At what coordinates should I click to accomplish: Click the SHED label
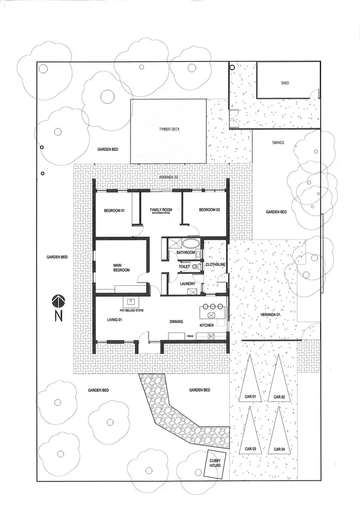point(285,83)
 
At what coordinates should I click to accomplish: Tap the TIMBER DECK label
point(169,130)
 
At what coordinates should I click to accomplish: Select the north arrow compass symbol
point(59,302)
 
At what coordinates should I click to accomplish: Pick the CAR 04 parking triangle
point(279,431)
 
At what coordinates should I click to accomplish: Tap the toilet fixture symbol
point(194,266)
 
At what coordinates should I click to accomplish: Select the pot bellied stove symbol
point(131,302)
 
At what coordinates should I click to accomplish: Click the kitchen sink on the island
point(211,316)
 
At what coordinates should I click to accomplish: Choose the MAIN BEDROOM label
point(121,267)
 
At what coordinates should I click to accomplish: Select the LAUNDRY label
point(187,284)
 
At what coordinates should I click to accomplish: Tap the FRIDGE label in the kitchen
point(190,337)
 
